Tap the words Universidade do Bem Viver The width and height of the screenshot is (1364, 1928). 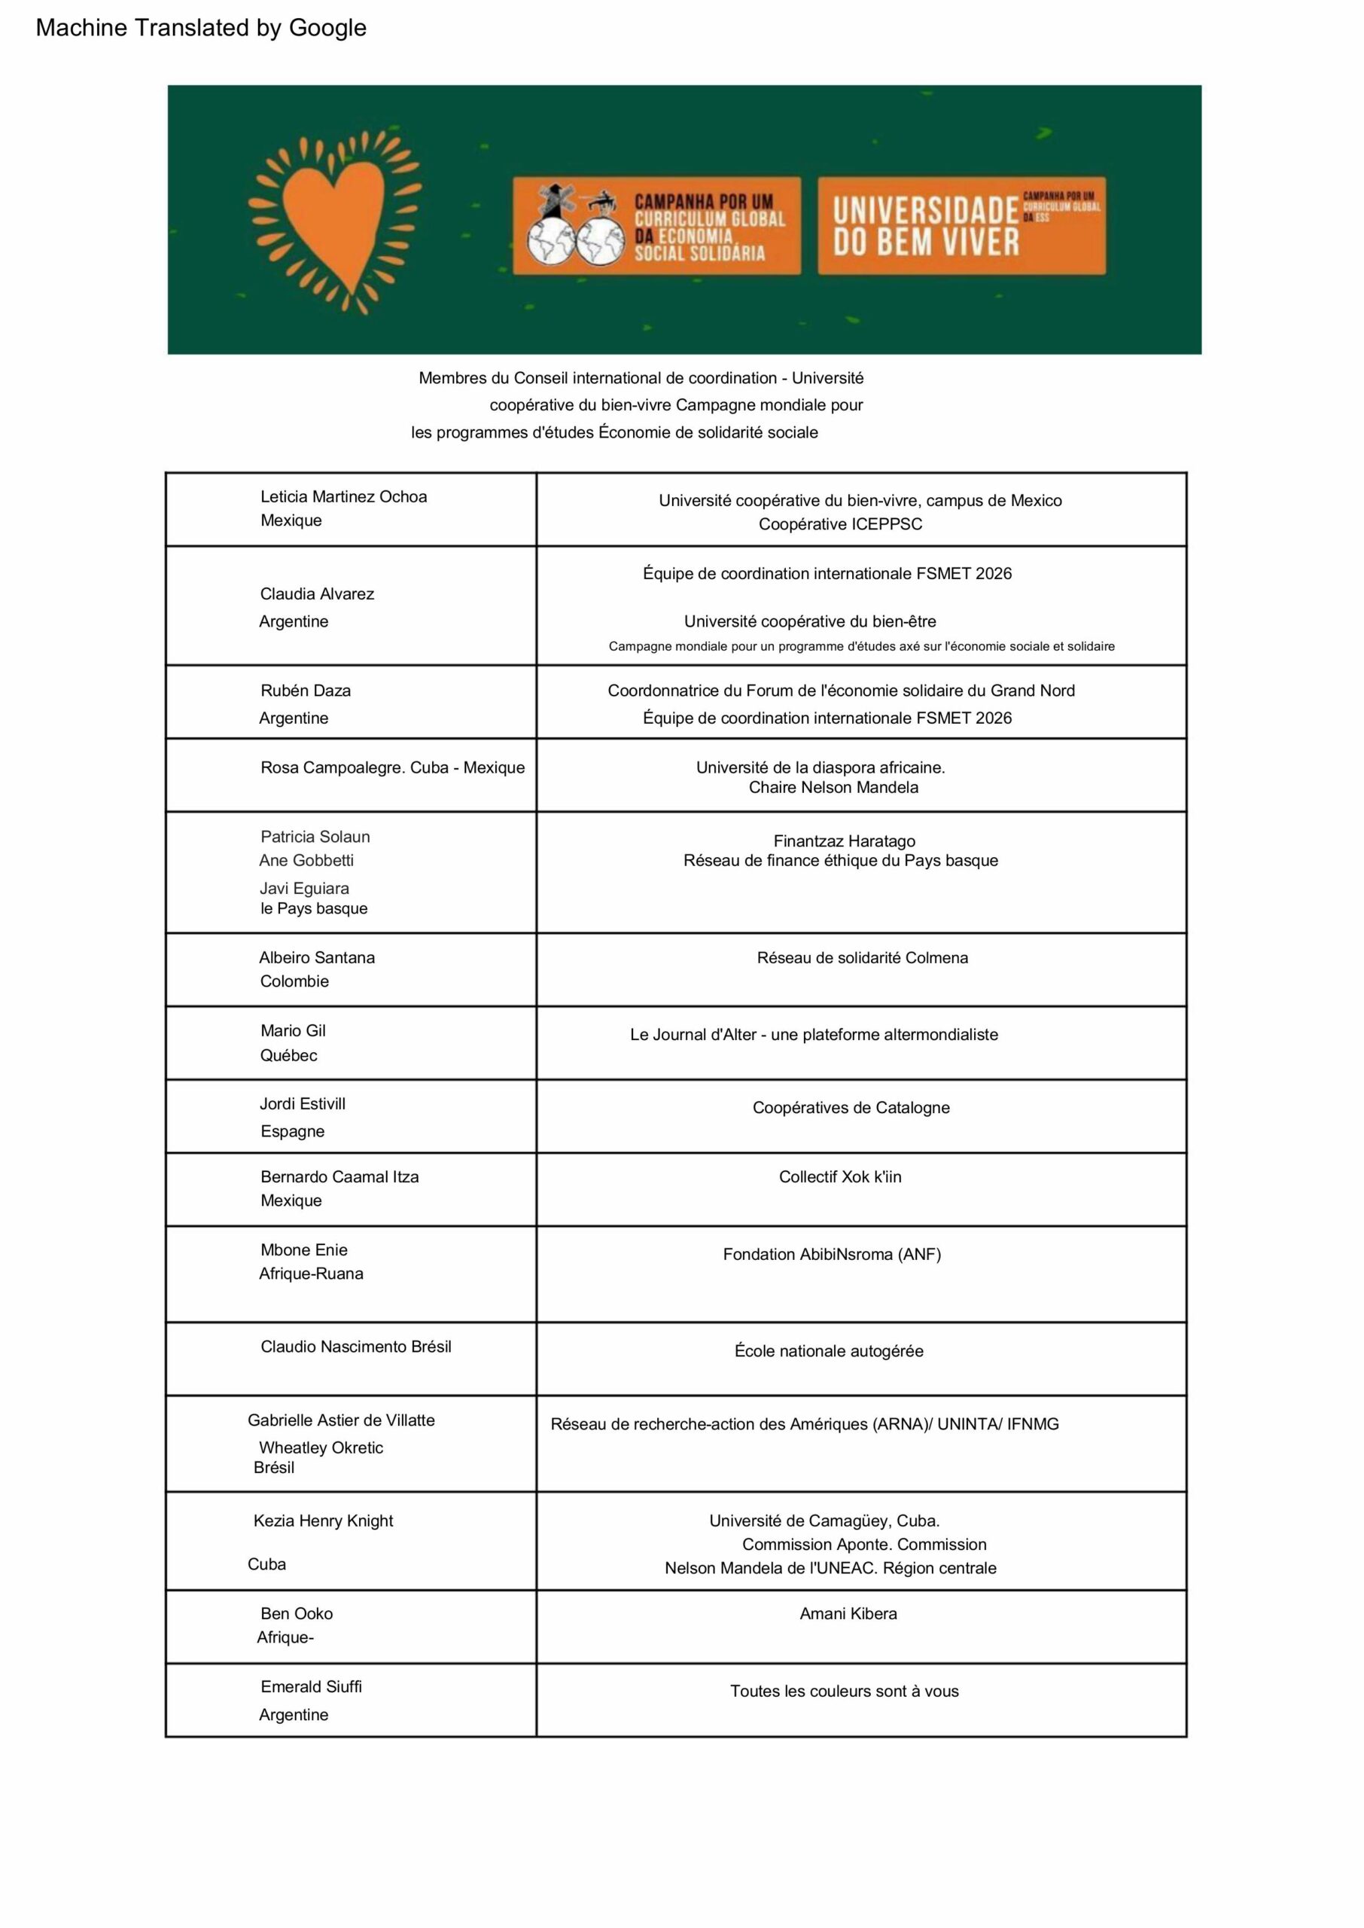point(926,226)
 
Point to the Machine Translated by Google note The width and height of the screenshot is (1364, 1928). point(201,28)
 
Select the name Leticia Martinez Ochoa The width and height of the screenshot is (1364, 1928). point(343,496)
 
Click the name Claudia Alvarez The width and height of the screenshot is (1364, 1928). point(317,594)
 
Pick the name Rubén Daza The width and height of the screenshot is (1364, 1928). point(306,691)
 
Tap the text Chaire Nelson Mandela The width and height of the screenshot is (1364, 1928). point(833,787)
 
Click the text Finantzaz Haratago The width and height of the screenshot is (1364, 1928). point(844,841)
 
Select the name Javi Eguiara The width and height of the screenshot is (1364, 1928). point(304,888)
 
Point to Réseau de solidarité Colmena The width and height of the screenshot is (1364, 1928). point(862,958)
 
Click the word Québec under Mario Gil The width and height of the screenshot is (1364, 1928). point(288,1055)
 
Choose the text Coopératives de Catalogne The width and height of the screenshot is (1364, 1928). point(851,1107)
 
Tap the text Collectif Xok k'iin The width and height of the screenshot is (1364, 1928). point(840,1177)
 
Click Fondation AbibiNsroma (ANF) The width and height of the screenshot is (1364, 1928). point(832,1254)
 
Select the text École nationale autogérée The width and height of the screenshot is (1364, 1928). point(829,1351)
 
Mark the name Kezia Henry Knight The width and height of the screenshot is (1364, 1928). point(324,1521)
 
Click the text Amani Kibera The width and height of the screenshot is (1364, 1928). point(848,1614)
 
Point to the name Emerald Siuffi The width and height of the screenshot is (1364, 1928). point(311,1687)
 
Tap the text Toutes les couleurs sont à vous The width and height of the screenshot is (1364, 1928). point(844,1691)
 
